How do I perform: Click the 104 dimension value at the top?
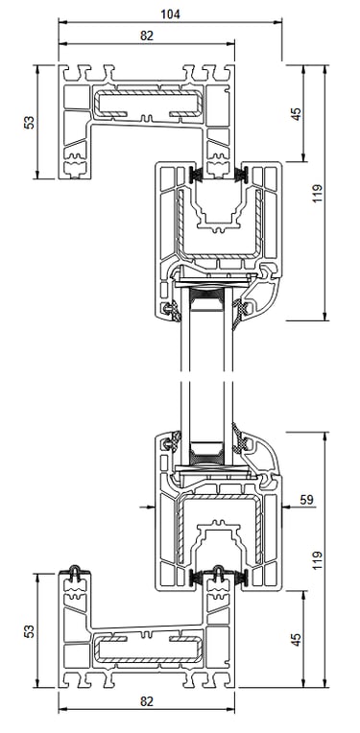(x=170, y=14)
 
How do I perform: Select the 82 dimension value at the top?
(x=147, y=35)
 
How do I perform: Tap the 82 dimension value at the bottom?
(x=147, y=701)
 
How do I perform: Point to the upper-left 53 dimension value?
(x=29, y=122)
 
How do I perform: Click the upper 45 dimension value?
(x=296, y=113)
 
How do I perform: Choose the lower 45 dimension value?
(x=296, y=640)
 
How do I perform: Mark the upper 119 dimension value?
(x=318, y=193)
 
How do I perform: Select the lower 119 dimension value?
(x=318, y=559)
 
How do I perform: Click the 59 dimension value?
(x=306, y=499)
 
